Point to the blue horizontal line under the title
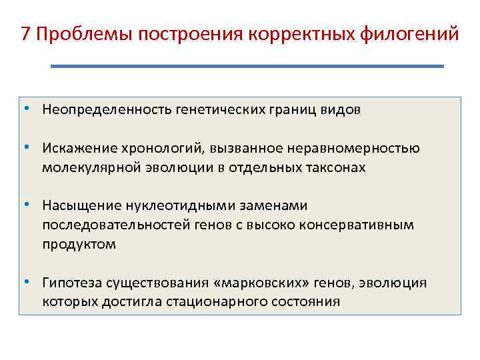click(x=247, y=66)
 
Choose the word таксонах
click(x=335, y=167)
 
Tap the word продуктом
click(x=79, y=244)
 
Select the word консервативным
click(x=361, y=225)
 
